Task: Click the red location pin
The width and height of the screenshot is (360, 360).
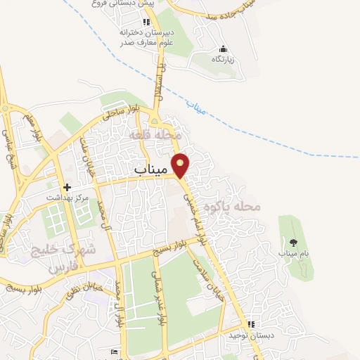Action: [181, 165]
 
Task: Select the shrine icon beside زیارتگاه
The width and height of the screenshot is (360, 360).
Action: [223, 49]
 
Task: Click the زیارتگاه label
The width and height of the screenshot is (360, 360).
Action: [223, 59]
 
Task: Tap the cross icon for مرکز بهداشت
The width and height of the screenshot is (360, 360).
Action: [67, 187]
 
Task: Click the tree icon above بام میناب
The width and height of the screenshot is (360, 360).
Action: [293, 243]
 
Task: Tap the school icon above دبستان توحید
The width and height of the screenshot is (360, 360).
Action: [249, 325]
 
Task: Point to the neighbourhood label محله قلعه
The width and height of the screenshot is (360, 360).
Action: [156, 133]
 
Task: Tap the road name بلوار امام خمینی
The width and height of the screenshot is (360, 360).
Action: [195, 214]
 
